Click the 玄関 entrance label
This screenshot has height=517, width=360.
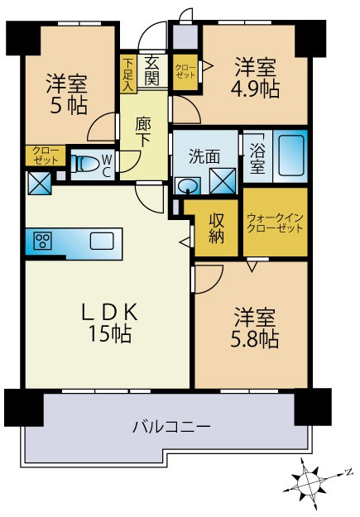[x=151, y=69]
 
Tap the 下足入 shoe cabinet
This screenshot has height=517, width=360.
[x=127, y=74]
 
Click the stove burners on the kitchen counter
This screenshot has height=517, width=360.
[x=41, y=242]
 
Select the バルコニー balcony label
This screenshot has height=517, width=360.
[x=171, y=428]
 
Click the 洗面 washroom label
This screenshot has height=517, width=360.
[x=203, y=155]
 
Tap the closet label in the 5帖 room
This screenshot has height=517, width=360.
[x=41, y=154]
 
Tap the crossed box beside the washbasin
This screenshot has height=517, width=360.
[x=221, y=180]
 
